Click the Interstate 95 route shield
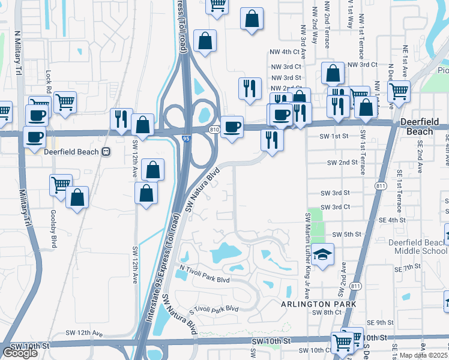point(186,139)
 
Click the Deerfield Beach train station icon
point(106,152)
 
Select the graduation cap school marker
point(322,256)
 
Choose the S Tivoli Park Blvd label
point(214,310)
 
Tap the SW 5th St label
point(345,234)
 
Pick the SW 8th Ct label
point(328,313)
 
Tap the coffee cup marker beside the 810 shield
point(232,127)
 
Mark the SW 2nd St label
point(342,163)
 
